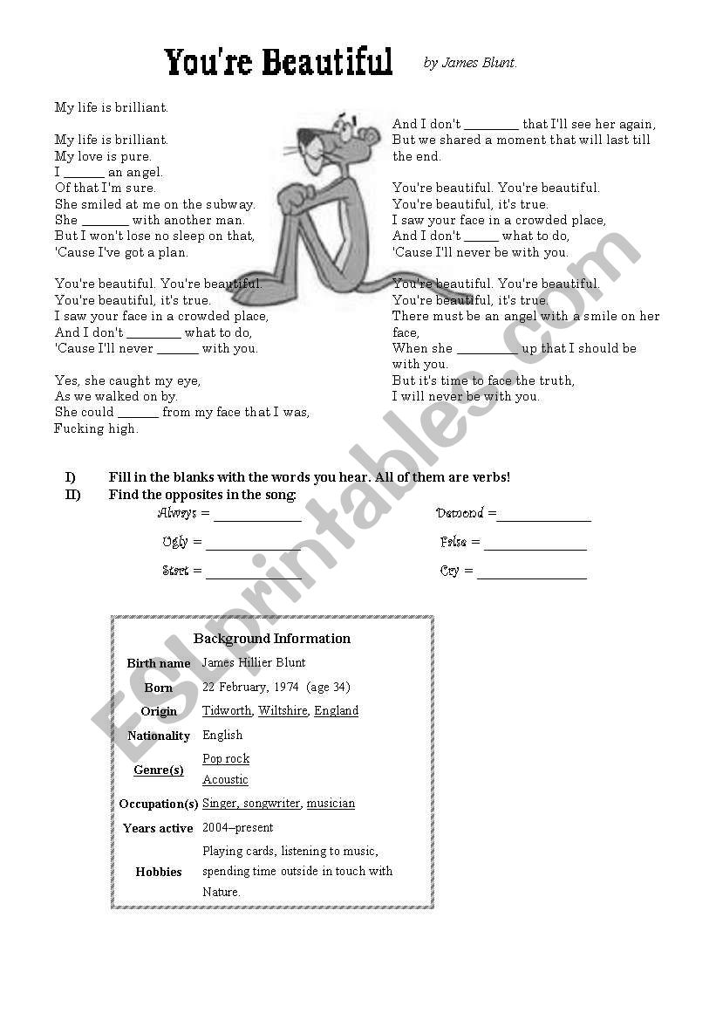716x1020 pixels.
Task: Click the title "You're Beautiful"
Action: click(278, 63)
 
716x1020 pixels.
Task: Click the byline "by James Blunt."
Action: click(470, 63)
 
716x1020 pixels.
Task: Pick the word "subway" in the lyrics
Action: click(230, 204)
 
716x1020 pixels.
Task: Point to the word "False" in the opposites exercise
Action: click(453, 543)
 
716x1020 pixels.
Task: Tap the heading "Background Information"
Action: click(272, 639)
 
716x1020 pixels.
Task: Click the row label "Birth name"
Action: click(158, 664)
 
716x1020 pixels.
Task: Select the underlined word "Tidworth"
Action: click(227, 711)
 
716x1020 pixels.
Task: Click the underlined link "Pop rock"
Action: click(226, 759)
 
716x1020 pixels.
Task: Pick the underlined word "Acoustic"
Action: click(225, 780)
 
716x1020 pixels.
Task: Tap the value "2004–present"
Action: click(237, 827)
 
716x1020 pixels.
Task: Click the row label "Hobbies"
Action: click(159, 872)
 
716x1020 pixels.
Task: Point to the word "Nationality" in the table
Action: click(159, 736)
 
